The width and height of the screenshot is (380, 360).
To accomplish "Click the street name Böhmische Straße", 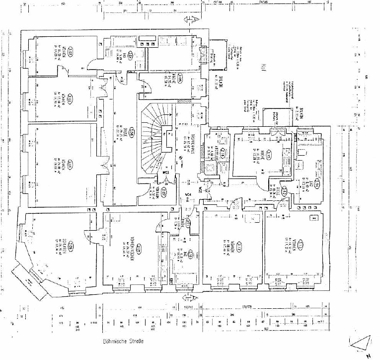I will [124, 342].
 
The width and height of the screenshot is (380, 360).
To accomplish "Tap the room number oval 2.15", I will [269, 154].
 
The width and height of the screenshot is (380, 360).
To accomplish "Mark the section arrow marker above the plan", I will [190, 20].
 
